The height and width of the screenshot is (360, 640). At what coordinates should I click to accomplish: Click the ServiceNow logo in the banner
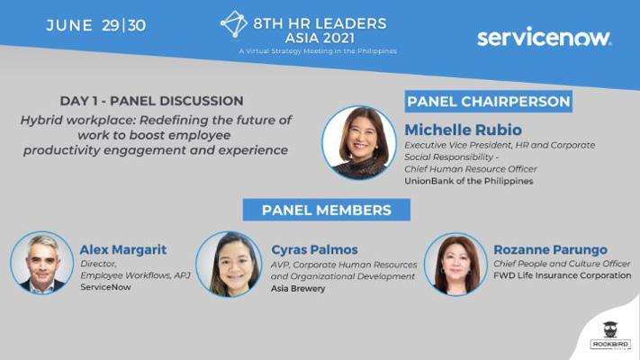[544, 37]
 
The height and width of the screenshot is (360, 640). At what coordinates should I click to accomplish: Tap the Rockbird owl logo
[610, 336]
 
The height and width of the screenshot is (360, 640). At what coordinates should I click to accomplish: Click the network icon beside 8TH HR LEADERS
[234, 24]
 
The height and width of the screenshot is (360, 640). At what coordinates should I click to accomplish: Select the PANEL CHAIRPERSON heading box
[489, 102]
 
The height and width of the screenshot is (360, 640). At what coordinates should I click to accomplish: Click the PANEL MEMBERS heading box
[327, 210]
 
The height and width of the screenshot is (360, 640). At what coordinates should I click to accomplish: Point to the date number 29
[110, 25]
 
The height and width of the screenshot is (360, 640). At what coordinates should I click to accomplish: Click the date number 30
[137, 25]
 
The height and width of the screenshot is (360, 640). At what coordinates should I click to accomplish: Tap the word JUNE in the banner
[69, 25]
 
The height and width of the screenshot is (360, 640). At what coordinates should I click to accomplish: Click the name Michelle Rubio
[464, 130]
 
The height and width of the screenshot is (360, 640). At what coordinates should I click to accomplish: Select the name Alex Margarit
[123, 249]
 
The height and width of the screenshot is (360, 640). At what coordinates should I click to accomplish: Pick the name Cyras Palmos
[314, 249]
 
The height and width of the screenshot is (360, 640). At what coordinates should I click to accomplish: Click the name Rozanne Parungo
[551, 249]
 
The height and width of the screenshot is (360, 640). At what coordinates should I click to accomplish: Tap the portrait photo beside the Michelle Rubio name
[359, 142]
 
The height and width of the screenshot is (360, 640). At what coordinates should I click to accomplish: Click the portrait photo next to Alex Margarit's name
[41, 264]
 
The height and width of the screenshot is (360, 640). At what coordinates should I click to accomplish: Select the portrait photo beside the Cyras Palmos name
[229, 264]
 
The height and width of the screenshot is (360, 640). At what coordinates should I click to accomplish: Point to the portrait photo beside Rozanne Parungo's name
[455, 264]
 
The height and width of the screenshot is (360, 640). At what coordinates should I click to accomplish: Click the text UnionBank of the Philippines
[469, 181]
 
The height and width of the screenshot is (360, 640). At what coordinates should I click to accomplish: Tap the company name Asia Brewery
[298, 289]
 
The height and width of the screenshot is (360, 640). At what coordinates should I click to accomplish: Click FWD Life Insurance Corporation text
[563, 275]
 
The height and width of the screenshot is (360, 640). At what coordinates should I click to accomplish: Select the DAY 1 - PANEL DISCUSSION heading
[152, 101]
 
